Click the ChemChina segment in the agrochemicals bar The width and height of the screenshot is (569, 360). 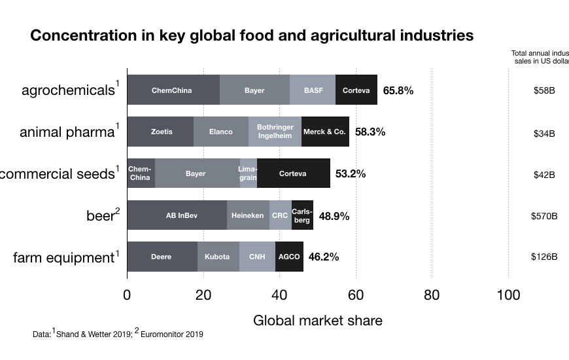(x=173, y=90)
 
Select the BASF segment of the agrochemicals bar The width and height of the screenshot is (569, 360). (x=313, y=90)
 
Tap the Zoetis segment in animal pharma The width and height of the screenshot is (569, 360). (x=161, y=132)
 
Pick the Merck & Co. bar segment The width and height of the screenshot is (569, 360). (x=324, y=132)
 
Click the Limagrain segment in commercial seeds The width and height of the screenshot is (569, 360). (x=249, y=173)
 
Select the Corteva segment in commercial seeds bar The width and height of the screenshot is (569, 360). (x=293, y=173)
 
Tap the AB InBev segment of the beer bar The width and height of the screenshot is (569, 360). (x=177, y=215)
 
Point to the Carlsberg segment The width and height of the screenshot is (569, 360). (x=302, y=215)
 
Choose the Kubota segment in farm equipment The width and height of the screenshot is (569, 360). (x=217, y=257)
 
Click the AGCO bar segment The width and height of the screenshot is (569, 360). (x=289, y=257)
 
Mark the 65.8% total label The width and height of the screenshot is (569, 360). (x=398, y=90)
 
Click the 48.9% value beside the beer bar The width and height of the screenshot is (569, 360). (x=334, y=215)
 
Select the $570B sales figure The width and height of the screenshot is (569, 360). (x=543, y=215)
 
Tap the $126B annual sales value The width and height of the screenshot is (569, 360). (x=543, y=257)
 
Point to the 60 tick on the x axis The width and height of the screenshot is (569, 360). (x=356, y=295)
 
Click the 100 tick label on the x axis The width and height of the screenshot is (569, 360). (x=508, y=295)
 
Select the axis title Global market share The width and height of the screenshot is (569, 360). (x=317, y=321)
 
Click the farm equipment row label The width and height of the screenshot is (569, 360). (x=63, y=258)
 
